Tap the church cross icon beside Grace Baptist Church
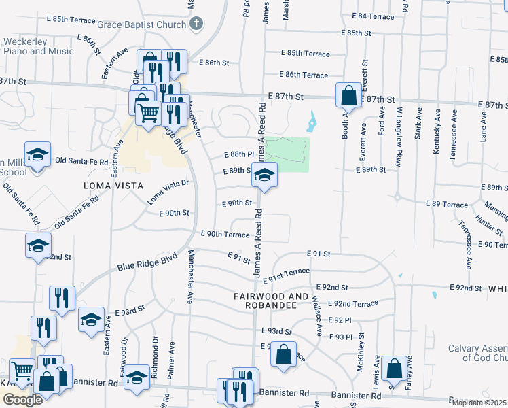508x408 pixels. (196, 24)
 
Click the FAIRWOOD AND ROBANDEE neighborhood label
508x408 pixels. (275, 301)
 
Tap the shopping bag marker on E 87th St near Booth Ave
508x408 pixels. (348, 96)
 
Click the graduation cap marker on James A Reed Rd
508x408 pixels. (264, 175)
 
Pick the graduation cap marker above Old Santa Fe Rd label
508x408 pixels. (38, 154)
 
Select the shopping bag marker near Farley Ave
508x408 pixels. (394, 369)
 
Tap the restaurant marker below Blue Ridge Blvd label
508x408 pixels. (62, 298)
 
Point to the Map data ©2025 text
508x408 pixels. (479, 403)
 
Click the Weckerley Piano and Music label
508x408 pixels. (38, 46)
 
